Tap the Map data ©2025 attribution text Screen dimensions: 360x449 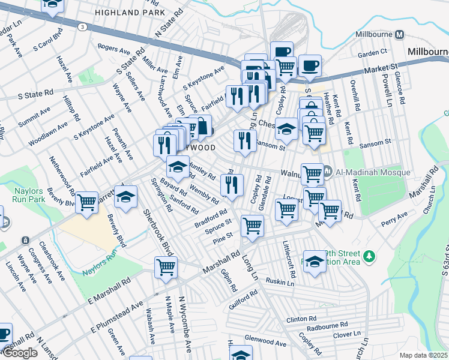(x=424, y=355)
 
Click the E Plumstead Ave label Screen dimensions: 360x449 (x=119, y=316)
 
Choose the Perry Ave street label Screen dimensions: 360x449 (x=394, y=219)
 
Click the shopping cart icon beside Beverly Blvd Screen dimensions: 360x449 (x=87, y=203)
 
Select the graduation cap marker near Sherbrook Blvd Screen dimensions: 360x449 (x=126, y=196)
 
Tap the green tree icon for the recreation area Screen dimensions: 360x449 (x=370, y=257)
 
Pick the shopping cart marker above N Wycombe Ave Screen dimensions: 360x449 (x=166, y=268)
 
